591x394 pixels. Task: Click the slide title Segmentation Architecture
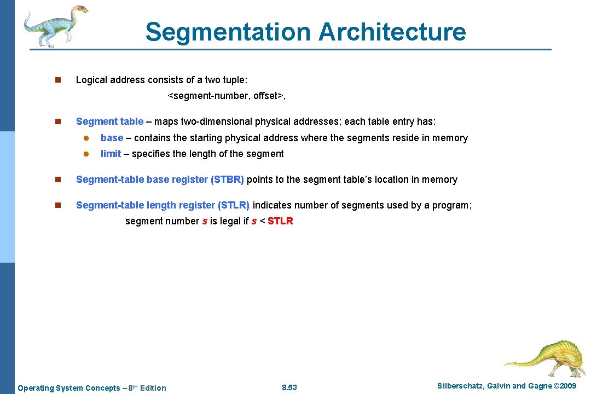pos(305,32)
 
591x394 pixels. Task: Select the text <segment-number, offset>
pos(227,96)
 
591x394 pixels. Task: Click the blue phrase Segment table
pos(109,121)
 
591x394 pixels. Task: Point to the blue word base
pos(112,138)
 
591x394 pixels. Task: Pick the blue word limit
pos(111,154)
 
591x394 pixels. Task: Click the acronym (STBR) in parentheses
pos(227,179)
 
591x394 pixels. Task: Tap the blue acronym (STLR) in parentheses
pos(234,205)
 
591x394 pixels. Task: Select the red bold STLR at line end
pos(280,221)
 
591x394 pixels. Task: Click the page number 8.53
pos(289,388)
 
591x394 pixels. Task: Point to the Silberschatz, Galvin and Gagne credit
pos(507,386)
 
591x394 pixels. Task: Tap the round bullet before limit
pos(85,154)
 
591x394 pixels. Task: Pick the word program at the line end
pos(453,205)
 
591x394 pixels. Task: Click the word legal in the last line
pos(230,221)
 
